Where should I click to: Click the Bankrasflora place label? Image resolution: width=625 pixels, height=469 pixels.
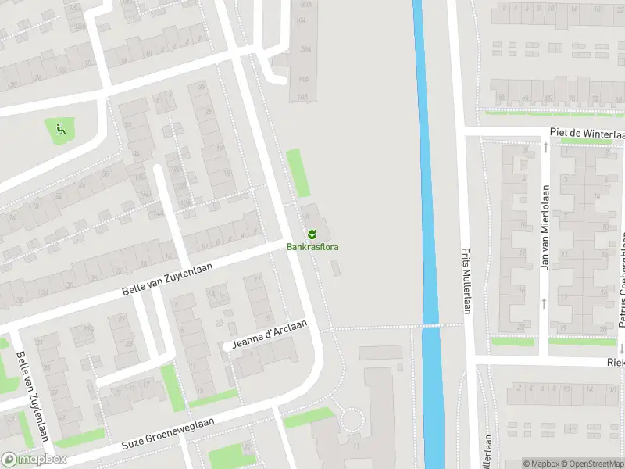(312, 247)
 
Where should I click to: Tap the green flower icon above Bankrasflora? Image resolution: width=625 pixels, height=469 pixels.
(312, 234)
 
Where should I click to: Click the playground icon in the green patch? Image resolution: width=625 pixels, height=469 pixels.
(59, 128)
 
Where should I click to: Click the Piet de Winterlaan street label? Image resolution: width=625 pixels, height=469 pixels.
(587, 134)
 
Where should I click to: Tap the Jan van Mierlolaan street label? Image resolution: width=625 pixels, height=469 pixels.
(545, 227)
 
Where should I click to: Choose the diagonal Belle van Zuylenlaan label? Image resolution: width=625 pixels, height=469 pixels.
(168, 278)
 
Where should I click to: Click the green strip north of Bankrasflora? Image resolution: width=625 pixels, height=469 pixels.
(298, 173)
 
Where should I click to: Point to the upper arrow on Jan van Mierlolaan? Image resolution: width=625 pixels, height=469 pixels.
(545, 147)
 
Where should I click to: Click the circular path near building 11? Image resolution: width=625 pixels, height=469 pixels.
(354, 423)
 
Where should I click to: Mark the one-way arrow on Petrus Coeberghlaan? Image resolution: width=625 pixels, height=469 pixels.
(622, 348)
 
